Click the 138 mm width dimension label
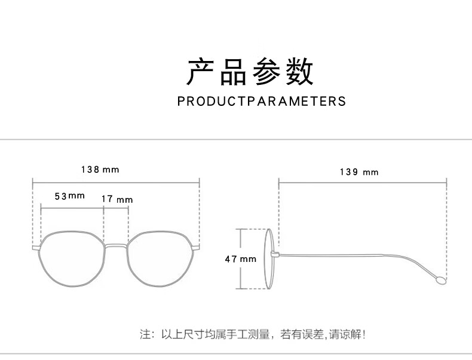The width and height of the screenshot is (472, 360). (100, 170)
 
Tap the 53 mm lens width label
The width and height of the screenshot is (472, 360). (70, 196)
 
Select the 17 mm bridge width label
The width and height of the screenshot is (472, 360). (117, 199)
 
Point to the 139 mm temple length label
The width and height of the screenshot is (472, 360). (358, 172)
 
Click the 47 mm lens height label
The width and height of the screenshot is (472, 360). (240, 259)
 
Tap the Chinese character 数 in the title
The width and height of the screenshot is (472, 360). (299, 72)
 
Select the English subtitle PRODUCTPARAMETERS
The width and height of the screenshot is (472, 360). (262, 101)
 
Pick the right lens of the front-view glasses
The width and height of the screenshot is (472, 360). (163, 261)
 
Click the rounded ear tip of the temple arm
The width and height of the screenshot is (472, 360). (441, 279)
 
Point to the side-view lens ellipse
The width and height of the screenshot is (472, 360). (270, 259)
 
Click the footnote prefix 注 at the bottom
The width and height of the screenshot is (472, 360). (144, 334)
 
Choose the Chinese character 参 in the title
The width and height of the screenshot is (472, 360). (266, 72)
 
